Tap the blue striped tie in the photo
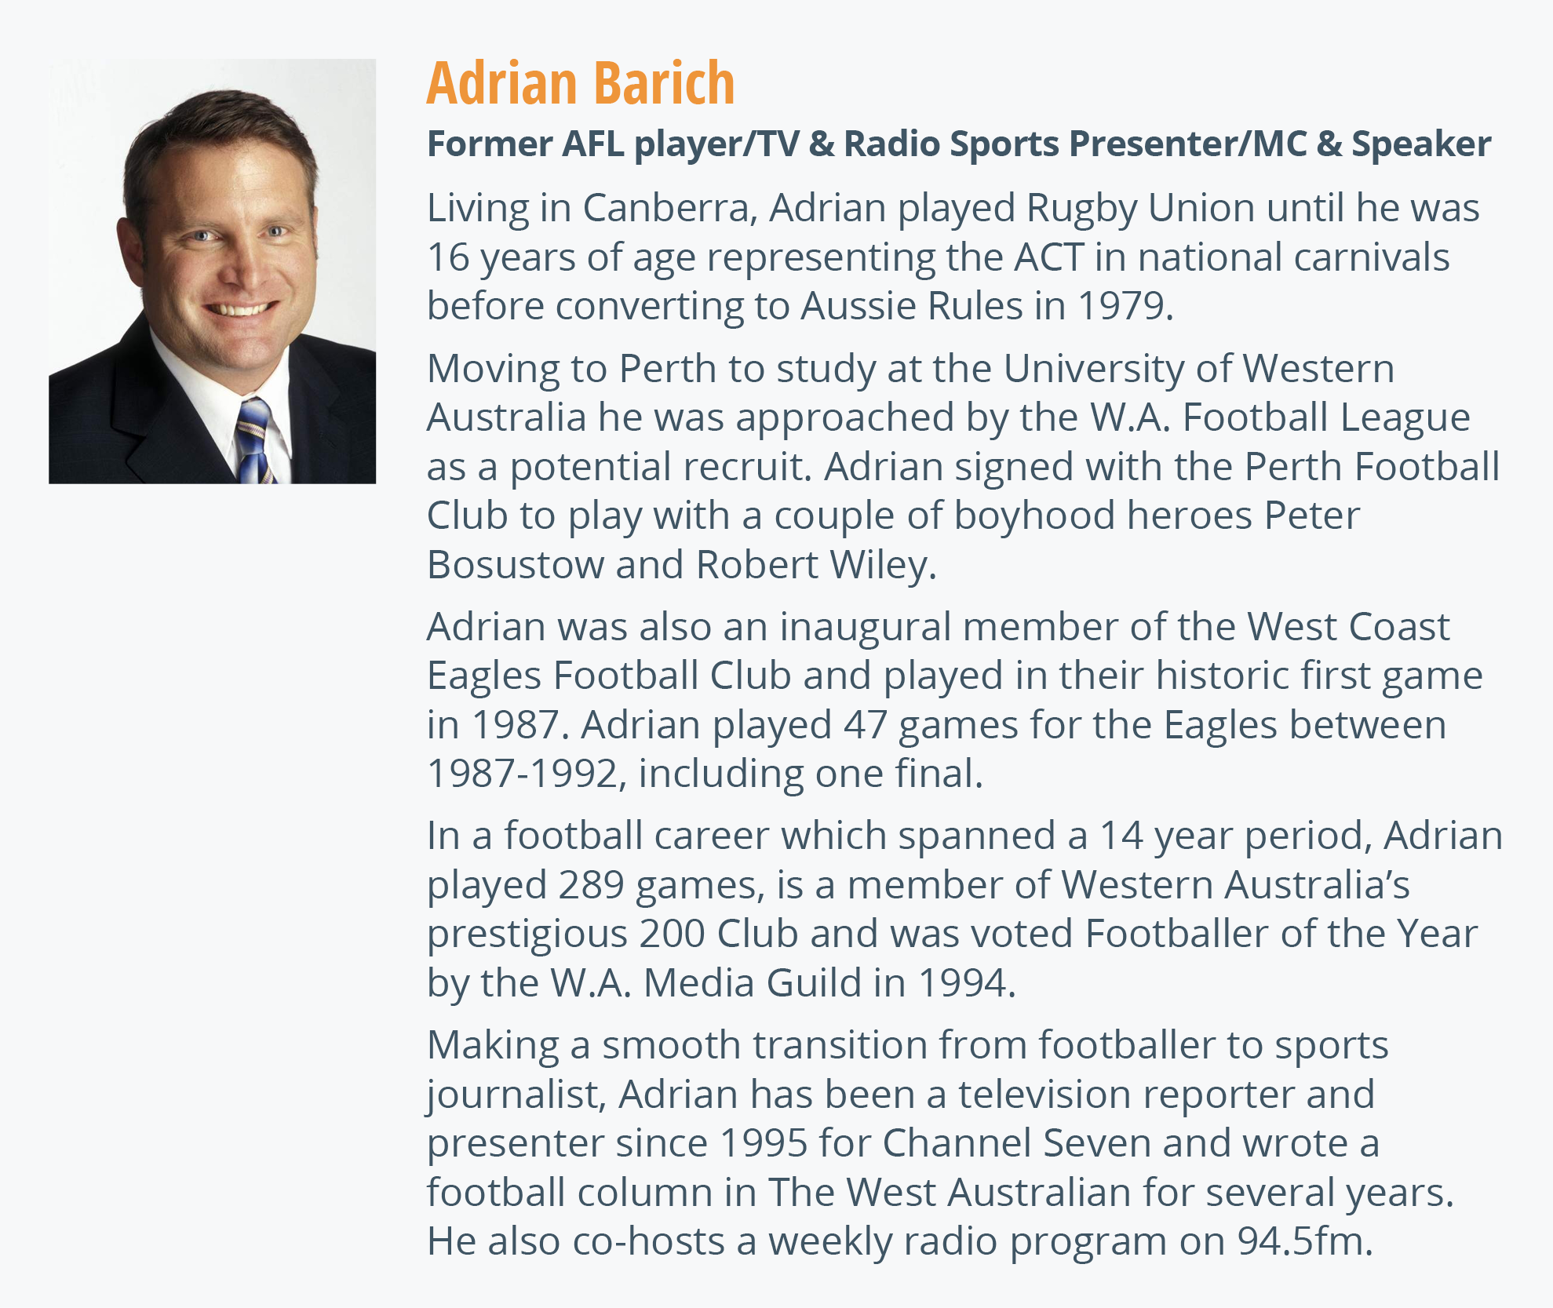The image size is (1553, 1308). point(255,441)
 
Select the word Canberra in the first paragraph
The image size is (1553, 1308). point(671,208)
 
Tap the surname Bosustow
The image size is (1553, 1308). point(516,565)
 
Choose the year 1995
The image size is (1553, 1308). point(763,1143)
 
